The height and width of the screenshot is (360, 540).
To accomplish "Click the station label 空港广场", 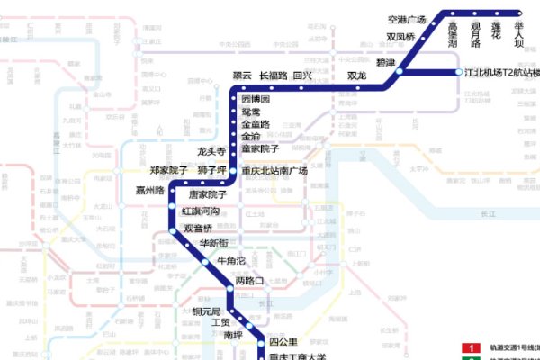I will pyautogui.click(x=406, y=19).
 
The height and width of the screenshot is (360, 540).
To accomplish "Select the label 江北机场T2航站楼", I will pyautogui.click(x=501, y=73).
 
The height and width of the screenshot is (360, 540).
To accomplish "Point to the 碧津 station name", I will pyautogui.click(x=385, y=63).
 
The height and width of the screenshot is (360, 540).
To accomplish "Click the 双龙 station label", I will pyautogui.click(x=357, y=76).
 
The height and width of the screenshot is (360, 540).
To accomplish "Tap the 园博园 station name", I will pyautogui.click(x=256, y=99).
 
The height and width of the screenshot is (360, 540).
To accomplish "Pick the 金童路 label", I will pyautogui.click(x=256, y=123).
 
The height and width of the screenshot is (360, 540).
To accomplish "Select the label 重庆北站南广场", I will pyautogui.click(x=274, y=171).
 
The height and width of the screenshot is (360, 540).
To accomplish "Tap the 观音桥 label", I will pyautogui.click(x=198, y=229).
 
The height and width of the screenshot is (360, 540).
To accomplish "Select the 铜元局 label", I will pyautogui.click(x=208, y=310).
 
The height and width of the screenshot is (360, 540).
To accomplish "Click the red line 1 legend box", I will pyautogui.click(x=469, y=347).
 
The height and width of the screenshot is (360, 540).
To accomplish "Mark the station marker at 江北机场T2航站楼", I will pyautogui.click(x=458, y=72).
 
